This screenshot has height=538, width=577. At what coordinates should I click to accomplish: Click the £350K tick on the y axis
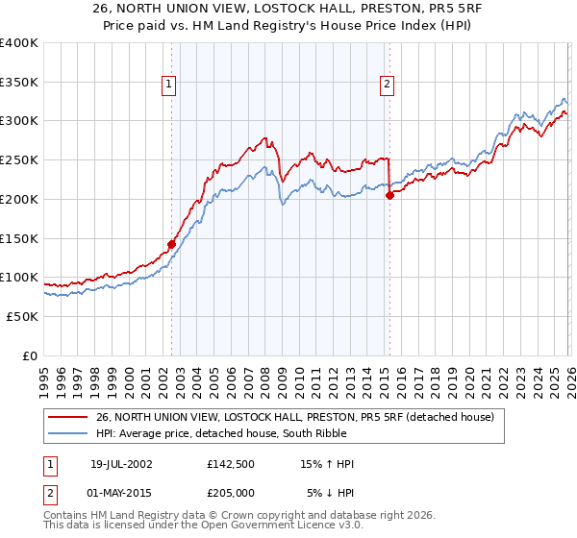[19, 82]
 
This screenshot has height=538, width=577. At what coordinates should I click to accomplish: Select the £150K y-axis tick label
[19, 238]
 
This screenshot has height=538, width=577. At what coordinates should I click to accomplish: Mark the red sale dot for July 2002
[171, 244]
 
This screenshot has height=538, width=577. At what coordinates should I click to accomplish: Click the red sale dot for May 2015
[389, 195]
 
